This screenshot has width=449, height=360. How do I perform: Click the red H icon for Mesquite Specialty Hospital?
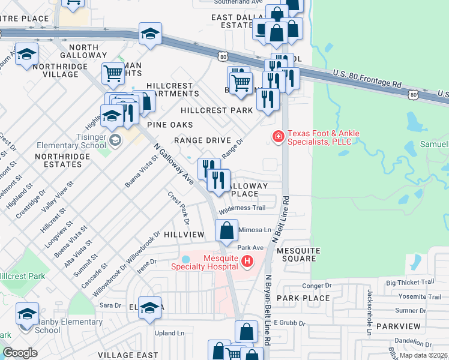(x=247, y=262)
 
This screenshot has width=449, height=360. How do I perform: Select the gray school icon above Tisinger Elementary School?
(x=115, y=140)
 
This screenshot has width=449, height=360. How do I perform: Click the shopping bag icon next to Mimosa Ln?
(x=226, y=231)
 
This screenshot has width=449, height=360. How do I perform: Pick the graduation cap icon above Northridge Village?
(x=26, y=55)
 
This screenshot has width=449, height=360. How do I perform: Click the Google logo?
(x=20, y=353)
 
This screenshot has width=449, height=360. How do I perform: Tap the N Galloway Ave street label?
(x=173, y=164)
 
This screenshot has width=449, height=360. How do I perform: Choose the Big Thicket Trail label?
(x=409, y=282)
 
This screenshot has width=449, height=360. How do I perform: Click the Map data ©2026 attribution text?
(x=423, y=355)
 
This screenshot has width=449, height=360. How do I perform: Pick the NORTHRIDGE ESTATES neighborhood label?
(x=62, y=160)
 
